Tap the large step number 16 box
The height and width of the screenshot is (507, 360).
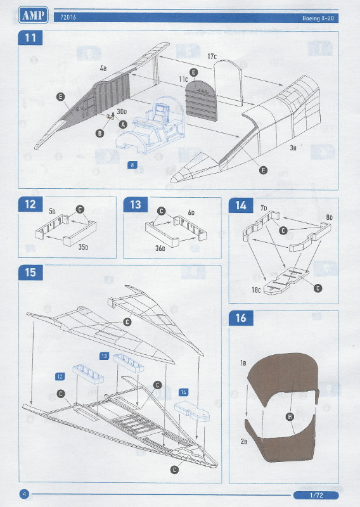[x=241, y=318]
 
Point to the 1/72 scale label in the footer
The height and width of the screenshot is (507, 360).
[x=316, y=494]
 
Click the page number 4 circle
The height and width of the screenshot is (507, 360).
[x=25, y=494]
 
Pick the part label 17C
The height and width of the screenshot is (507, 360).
[x=212, y=58]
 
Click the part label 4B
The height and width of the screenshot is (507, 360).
[x=102, y=68]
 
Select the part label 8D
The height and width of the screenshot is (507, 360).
[x=329, y=217]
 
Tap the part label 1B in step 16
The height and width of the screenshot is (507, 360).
[x=243, y=363]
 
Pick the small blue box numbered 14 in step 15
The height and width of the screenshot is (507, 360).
[x=184, y=392]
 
